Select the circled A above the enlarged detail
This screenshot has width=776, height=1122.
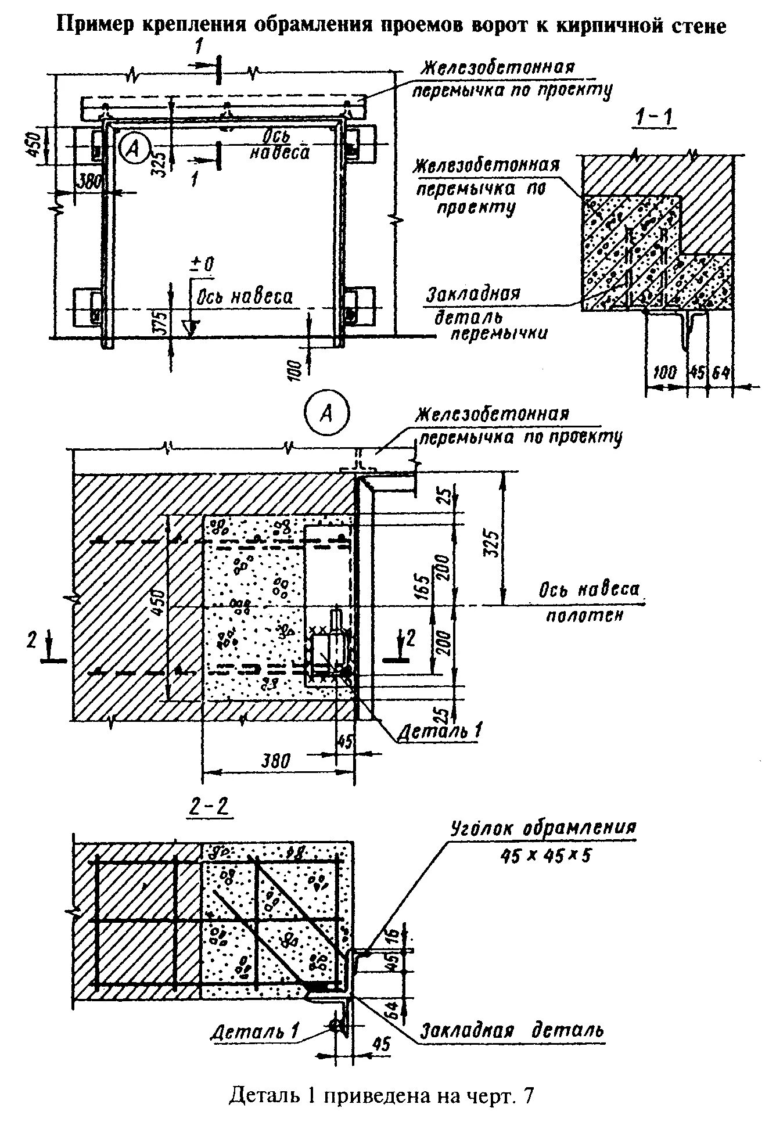pos(327,414)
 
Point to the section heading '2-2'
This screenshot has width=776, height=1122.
pos(209,807)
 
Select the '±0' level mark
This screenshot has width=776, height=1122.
pos(203,264)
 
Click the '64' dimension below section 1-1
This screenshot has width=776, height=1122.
pos(720,372)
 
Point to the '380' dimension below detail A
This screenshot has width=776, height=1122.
pos(275,760)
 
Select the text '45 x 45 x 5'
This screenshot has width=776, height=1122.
pos(544,855)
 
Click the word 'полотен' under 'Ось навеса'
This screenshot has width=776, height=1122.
pos(584,615)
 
